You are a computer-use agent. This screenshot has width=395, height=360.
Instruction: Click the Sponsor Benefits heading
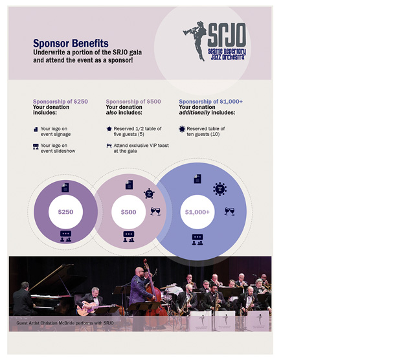coord(71,43)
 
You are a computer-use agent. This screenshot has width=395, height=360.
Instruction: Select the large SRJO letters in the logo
coord(227,34)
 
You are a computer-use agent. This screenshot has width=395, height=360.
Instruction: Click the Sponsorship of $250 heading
coord(60,102)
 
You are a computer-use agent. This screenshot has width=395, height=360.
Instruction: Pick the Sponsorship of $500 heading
coord(133,102)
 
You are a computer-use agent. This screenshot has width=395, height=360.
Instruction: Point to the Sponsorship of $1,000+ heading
coord(211,102)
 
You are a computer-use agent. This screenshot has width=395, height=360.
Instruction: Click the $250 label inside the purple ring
coord(66,212)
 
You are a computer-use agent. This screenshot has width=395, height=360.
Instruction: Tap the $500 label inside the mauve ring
coord(128,212)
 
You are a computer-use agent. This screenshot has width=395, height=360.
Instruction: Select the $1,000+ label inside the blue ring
coord(198,212)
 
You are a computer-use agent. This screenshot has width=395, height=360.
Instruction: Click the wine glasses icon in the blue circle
coord(229,211)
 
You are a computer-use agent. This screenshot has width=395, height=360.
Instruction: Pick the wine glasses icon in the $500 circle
coord(155,211)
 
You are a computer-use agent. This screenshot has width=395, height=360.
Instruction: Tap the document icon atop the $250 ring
coord(65,187)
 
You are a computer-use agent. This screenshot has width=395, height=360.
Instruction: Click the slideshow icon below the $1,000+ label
coord(198,240)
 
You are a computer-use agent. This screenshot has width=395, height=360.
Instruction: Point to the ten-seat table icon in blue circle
coord(220,188)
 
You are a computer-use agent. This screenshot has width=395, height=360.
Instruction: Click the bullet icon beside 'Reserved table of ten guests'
coord(182,129)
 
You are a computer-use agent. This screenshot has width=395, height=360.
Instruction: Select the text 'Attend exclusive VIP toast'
coord(141,146)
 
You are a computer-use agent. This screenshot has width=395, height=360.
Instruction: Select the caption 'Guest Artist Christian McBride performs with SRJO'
coord(65,323)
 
